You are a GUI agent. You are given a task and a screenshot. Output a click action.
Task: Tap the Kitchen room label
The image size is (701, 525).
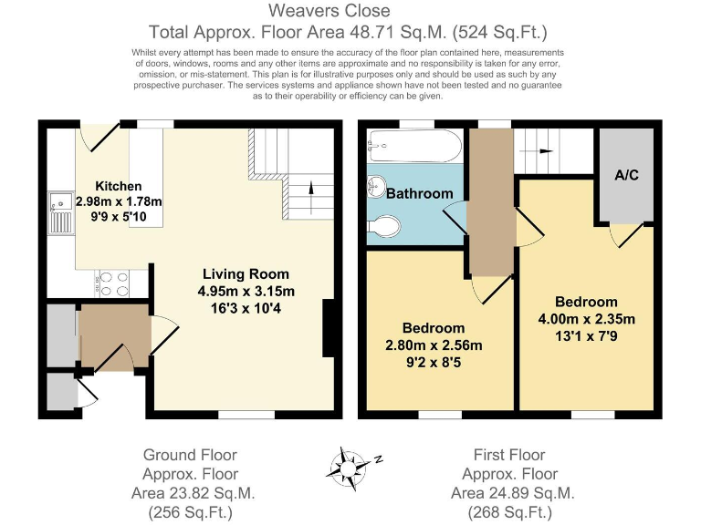point(119,186)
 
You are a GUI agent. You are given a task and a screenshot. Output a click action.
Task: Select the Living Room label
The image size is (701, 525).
point(246,273)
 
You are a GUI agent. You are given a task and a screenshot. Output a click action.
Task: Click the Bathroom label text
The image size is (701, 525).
point(419,193)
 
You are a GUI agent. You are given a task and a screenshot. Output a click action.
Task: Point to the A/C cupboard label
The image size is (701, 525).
point(626,175)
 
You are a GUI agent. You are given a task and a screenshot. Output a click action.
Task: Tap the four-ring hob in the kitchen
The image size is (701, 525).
point(111,284)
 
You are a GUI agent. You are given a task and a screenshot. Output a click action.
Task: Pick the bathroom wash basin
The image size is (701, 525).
point(375,188)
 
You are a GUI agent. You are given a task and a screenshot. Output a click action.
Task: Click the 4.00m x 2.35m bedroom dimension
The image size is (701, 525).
point(585,319)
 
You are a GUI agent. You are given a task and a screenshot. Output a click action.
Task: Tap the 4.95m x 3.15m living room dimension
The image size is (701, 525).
point(246,292)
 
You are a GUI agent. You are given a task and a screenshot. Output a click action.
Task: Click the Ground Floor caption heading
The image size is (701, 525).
point(190,455)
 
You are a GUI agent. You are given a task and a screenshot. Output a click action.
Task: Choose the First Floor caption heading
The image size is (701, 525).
point(509,455)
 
